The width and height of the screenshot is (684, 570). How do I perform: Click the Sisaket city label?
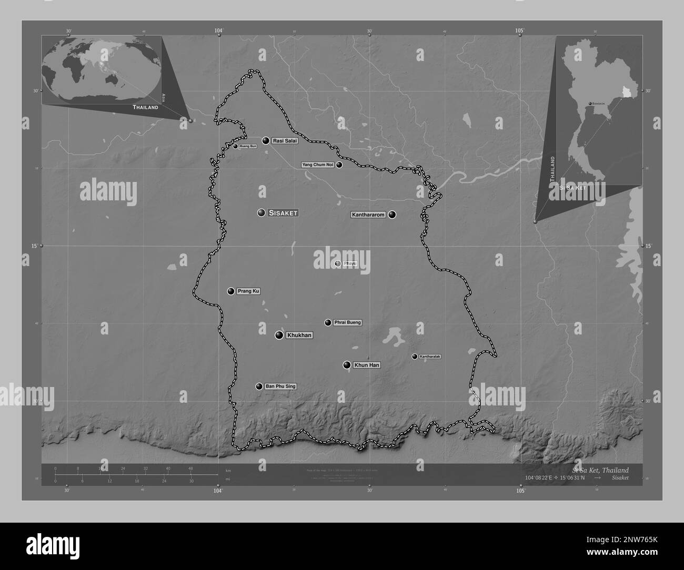283,213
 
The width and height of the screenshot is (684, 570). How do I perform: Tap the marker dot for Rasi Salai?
266,140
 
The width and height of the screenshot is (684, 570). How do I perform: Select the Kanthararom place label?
369,215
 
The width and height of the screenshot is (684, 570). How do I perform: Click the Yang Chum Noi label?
318,165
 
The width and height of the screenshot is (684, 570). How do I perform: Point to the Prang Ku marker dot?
230,291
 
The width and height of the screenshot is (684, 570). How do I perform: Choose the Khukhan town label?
299,335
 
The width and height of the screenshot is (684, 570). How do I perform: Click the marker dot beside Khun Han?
347,365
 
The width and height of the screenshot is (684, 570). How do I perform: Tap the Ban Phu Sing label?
280,386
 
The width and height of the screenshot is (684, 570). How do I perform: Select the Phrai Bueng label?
347,322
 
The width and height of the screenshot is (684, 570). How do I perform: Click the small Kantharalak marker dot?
415,357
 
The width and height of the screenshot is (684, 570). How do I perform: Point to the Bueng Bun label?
248,146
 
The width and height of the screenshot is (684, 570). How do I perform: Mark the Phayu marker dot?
338,263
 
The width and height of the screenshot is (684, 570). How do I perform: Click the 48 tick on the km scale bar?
190,468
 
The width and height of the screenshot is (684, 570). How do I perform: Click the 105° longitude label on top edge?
520,31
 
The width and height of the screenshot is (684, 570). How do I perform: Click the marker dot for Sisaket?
261,213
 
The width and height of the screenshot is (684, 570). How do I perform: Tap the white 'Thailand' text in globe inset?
145,107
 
